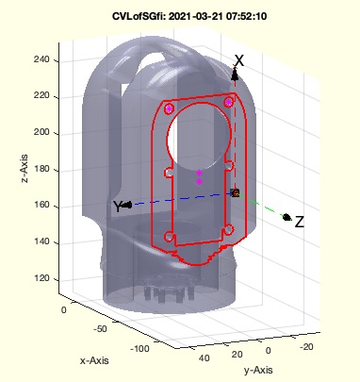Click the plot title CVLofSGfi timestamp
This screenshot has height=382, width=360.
189,16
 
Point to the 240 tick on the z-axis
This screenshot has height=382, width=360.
41,59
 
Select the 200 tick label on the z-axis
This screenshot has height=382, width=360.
41,132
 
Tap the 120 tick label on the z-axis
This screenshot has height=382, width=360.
41,278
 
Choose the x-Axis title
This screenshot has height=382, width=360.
94,360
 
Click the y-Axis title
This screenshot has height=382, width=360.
258,370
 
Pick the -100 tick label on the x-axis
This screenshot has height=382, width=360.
139,348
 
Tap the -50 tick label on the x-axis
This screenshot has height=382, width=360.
100,329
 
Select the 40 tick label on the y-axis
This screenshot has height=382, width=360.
204,357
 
